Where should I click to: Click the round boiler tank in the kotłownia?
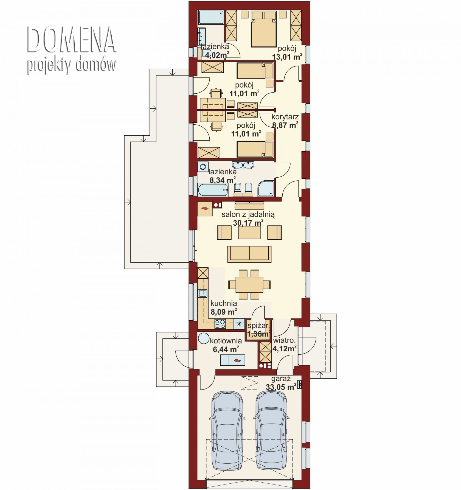click(204, 338)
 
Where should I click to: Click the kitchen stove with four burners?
click(220, 324)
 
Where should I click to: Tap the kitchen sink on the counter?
click(203, 293)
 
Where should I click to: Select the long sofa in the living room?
click(249, 253)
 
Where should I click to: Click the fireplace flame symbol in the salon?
click(204, 209)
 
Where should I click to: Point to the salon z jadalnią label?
click(248, 214)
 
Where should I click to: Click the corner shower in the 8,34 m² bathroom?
click(266, 188)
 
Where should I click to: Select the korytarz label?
click(285, 117)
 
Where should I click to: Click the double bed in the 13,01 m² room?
click(264, 29)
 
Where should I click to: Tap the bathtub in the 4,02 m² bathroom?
click(211, 17)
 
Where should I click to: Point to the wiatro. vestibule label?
click(284, 340)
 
